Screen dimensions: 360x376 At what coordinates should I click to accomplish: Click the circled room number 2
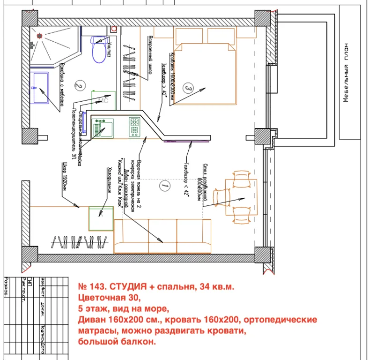(x=79, y=85)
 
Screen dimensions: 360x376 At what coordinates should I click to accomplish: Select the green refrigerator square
(x=101, y=217)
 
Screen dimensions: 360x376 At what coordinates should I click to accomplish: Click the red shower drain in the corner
(x=39, y=35)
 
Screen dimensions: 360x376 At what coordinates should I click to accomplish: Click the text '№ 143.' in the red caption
(x=91, y=286)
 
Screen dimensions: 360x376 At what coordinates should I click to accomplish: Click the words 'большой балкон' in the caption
(x=117, y=342)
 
